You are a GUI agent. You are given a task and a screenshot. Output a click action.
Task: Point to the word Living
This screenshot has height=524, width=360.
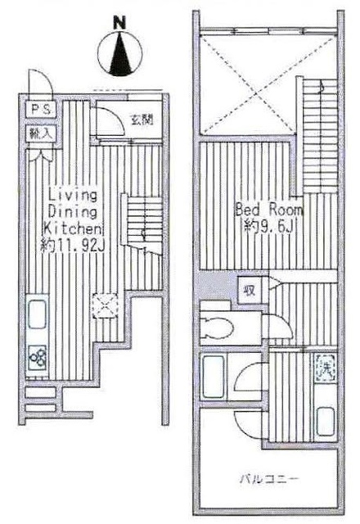73,195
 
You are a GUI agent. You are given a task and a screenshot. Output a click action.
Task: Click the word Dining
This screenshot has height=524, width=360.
73,210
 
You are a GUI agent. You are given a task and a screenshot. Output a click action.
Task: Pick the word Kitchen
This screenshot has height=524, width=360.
72,227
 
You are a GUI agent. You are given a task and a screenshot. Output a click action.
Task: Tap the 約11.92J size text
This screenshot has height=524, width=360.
72,243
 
